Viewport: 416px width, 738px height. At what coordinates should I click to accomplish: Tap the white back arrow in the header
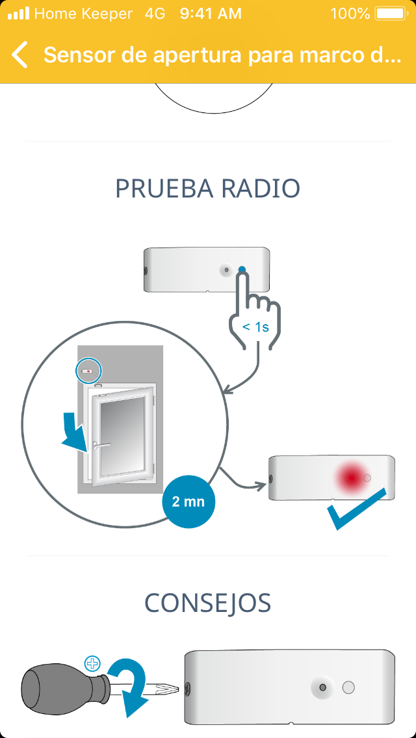(x=20, y=55)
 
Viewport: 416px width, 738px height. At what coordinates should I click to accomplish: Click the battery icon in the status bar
(x=391, y=13)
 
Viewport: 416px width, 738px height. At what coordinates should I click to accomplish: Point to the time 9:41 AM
(x=211, y=14)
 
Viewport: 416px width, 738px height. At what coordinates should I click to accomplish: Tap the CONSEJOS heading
(x=208, y=603)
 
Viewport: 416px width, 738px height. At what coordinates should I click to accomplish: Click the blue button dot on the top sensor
(x=242, y=270)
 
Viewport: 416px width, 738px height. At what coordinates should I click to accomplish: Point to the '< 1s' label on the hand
(x=255, y=327)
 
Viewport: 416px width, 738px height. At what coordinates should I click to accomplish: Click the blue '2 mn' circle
(x=188, y=502)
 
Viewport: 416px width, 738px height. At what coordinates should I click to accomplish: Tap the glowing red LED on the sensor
(x=352, y=477)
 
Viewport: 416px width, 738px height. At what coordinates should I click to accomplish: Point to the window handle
(x=102, y=445)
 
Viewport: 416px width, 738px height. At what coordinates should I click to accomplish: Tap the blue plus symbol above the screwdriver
(x=93, y=663)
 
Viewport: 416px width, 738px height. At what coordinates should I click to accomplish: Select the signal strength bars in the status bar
(x=19, y=14)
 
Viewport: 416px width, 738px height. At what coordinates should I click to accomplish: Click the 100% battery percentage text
(x=350, y=14)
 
